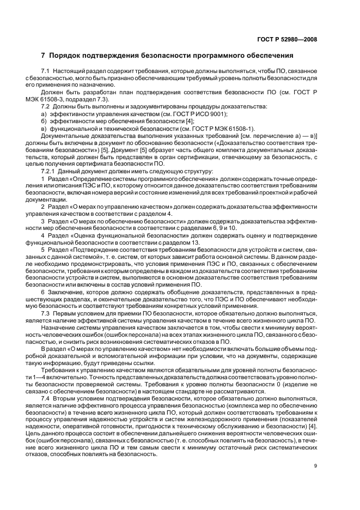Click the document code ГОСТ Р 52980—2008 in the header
coord(288,39)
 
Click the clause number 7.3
coord(46,313)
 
